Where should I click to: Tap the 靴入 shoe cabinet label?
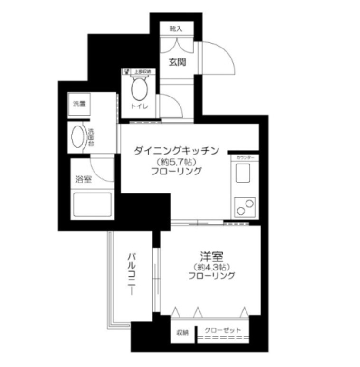(x=176, y=29)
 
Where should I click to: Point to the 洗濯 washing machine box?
(x=79, y=104)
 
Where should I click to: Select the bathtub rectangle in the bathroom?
(x=92, y=205)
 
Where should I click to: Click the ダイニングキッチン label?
(x=176, y=151)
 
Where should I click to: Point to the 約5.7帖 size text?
(x=176, y=162)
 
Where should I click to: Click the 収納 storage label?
(x=183, y=332)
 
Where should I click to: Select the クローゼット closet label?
(x=223, y=330)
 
